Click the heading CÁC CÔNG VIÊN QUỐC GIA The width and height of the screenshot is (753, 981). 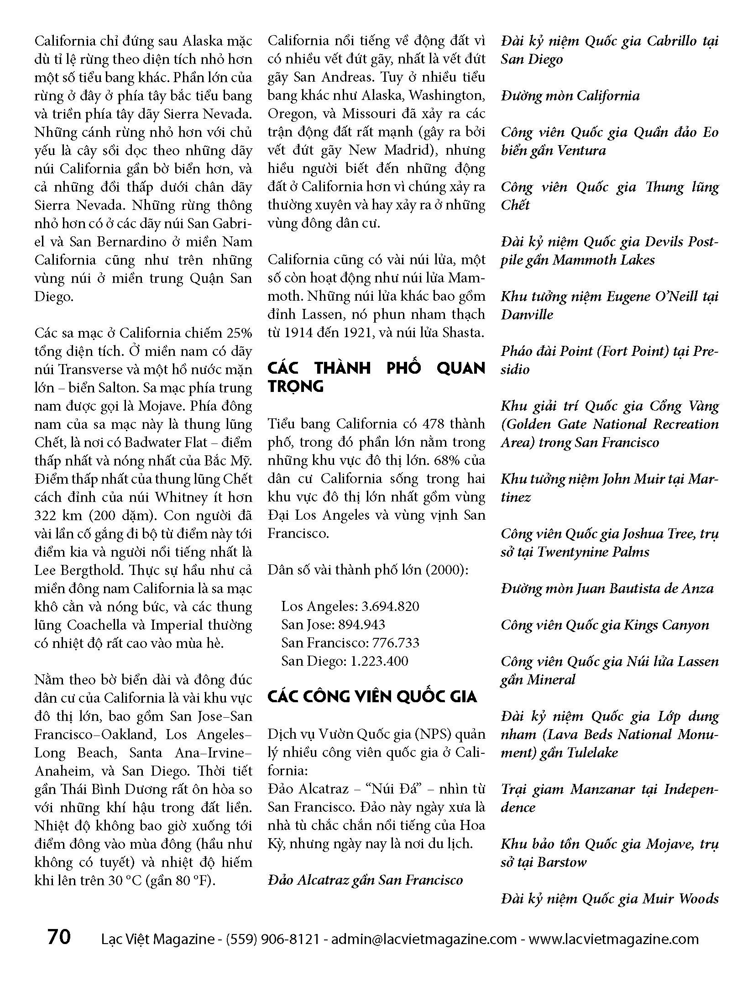pyautogui.click(x=372, y=697)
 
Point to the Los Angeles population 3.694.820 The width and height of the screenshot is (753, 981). pyautogui.click(x=390, y=606)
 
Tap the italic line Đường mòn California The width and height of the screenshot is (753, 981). pyautogui.click(x=570, y=96)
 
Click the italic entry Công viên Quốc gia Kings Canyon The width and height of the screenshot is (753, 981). pyautogui.click(x=605, y=625)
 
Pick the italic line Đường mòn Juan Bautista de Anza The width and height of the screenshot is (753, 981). pyautogui.click(x=607, y=589)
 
